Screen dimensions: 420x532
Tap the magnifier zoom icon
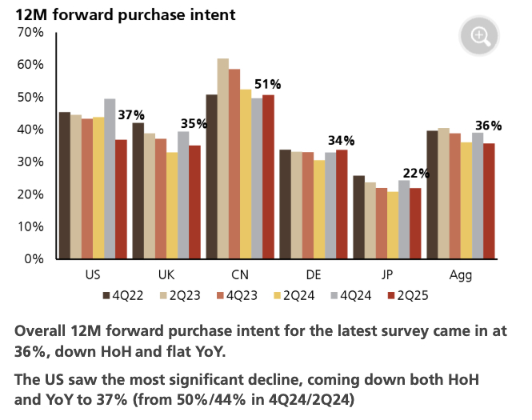(479, 35)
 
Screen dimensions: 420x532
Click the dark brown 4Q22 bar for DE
(286, 204)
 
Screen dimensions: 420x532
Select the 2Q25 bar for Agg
(488, 201)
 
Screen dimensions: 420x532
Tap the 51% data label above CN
(268, 84)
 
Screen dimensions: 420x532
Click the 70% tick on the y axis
(30, 32)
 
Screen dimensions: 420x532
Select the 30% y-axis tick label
(30, 162)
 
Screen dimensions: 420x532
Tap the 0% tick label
(33, 259)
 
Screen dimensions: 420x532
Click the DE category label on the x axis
(314, 275)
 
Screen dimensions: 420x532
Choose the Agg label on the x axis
(461, 275)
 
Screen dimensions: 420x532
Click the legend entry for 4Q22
(124, 297)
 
